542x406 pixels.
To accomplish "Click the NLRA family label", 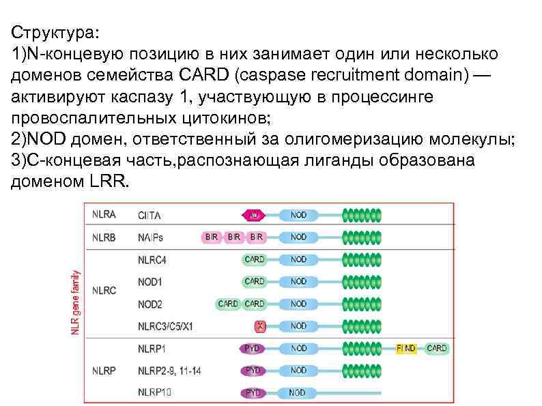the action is pos(104,214).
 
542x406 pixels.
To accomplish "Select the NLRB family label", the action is pos(104,237).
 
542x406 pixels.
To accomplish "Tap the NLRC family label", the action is pos(104,291).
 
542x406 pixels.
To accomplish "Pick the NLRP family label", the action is pos(104,371).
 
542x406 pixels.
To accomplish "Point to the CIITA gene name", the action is pos(151,215).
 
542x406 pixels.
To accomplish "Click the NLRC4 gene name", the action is pos(152,259).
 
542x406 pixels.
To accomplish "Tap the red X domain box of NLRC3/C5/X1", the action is pos(259,326).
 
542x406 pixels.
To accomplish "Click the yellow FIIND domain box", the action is pos(406,348).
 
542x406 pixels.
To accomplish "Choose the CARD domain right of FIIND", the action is pos(436,348).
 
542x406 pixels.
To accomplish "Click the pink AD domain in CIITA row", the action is pos(253,215).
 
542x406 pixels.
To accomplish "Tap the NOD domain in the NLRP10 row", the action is pos(298,392).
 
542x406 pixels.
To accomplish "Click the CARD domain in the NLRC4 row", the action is pos(255,259).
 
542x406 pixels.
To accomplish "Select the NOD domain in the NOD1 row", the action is pos(298,281).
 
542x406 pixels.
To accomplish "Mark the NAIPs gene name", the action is pos(151,237).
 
